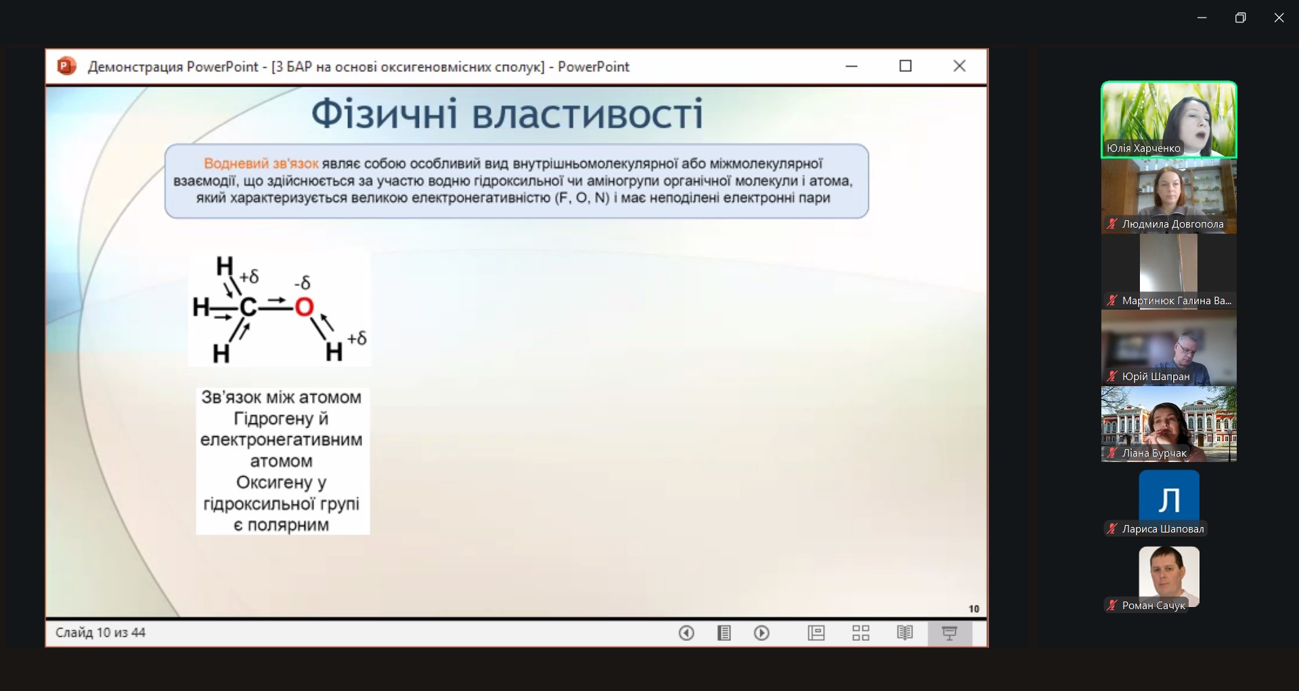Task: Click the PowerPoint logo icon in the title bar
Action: [x=66, y=66]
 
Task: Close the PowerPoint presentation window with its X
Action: [x=959, y=66]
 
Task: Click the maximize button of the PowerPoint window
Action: [x=906, y=66]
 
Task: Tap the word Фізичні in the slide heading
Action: [x=384, y=113]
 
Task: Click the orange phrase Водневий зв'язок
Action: [x=261, y=163]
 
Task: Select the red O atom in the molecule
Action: [x=305, y=308]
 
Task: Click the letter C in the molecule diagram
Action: [x=248, y=308]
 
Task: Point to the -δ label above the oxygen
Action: [x=302, y=282]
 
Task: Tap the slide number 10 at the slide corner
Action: [x=973, y=608]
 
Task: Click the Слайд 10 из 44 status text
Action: [x=100, y=633]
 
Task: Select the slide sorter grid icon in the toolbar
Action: [x=860, y=633]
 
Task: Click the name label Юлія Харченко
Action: [x=1143, y=148]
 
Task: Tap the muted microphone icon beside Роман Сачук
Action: [x=1111, y=605]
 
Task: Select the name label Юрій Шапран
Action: [x=1155, y=377]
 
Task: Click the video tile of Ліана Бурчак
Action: [x=1169, y=424]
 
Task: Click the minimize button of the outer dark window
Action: [x=1202, y=18]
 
